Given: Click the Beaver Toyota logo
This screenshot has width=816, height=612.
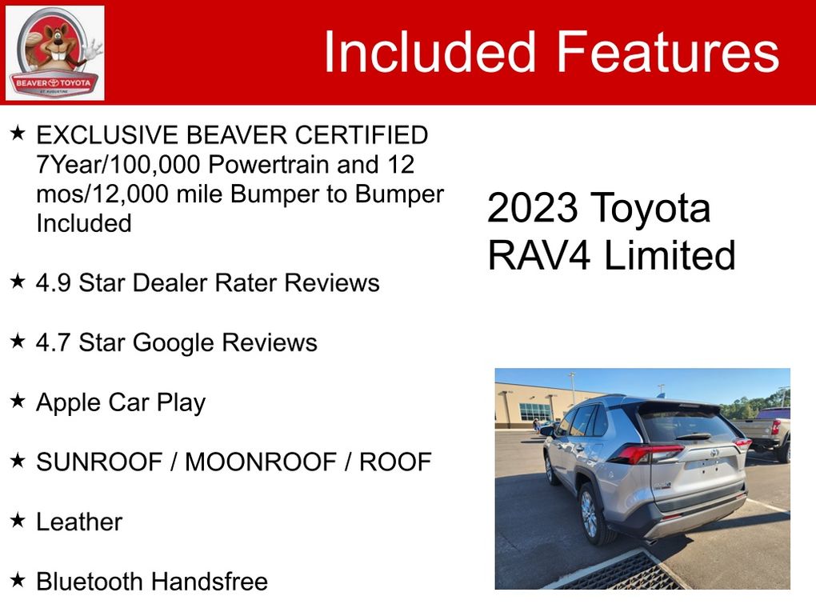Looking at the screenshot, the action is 54,53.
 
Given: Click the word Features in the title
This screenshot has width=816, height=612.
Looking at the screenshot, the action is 668,51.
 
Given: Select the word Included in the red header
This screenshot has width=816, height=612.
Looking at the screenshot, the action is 430,51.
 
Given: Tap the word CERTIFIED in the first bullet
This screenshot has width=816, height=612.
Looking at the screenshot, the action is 362,135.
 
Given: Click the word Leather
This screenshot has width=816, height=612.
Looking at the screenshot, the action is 79,522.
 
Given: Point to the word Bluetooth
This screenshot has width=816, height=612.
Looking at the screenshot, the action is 90,582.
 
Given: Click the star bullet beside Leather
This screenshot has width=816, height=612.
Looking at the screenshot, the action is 18,520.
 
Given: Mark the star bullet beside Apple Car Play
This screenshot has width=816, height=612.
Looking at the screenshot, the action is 18,401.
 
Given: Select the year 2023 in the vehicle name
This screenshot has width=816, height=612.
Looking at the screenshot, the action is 532,208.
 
